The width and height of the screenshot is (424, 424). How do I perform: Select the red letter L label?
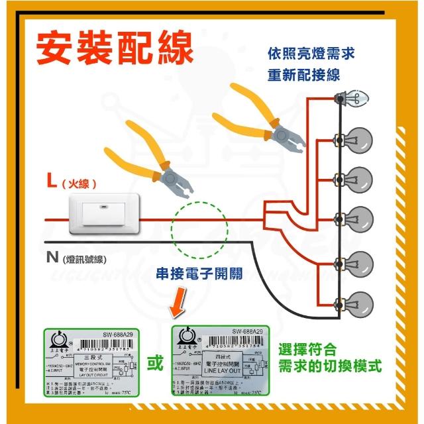(51, 180)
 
